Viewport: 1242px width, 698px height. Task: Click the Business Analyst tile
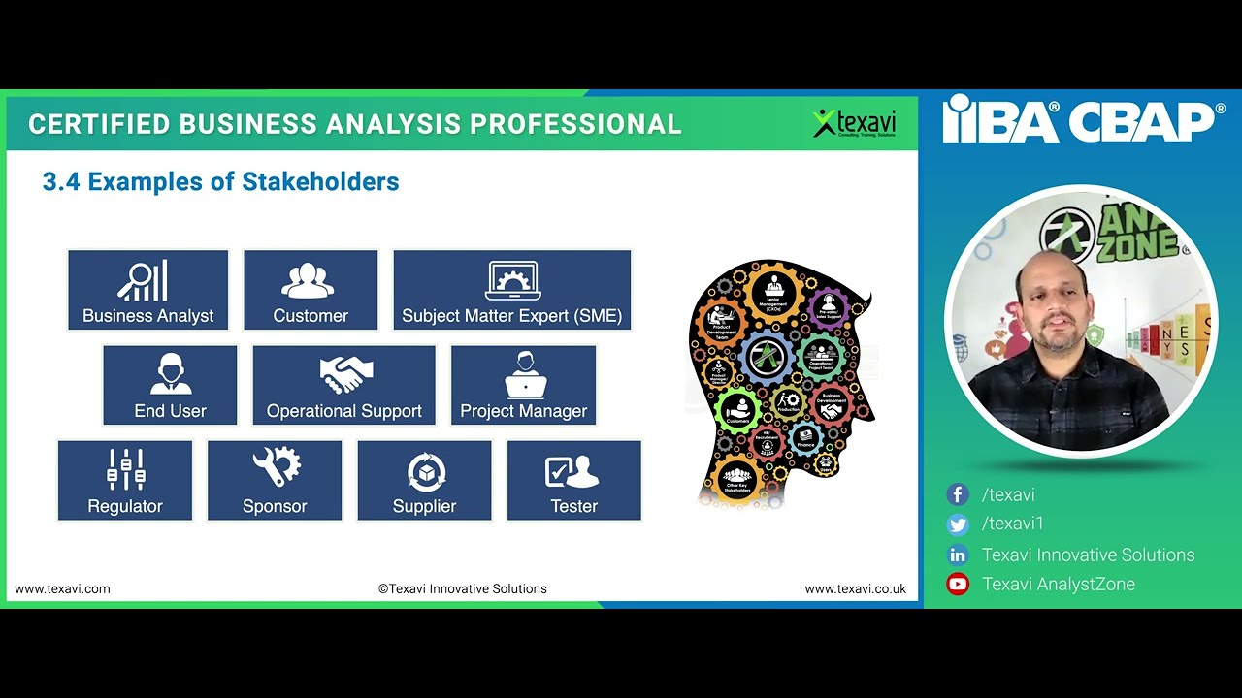coord(147,290)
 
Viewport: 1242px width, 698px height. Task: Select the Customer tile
coord(310,290)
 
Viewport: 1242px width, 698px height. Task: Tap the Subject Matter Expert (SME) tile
coord(512,290)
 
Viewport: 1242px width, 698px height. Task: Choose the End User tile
coord(170,385)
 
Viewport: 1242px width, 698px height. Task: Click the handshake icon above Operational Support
coord(345,373)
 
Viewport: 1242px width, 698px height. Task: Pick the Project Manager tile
coord(523,385)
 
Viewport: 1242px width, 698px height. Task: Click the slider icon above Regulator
coord(125,468)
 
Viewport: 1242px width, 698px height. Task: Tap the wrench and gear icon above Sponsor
coord(276,467)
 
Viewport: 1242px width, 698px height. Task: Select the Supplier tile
coord(424,480)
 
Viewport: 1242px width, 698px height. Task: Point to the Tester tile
coord(573,480)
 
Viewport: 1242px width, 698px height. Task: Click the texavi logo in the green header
coord(855,123)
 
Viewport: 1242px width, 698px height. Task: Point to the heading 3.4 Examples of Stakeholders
coord(221,182)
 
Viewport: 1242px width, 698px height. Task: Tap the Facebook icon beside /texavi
coord(958,494)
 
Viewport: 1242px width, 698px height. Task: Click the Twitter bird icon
coord(958,524)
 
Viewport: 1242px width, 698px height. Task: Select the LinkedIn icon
coord(958,555)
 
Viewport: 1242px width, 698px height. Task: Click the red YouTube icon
coord(958,585)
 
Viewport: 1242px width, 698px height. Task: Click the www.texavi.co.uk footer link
coord(855,588)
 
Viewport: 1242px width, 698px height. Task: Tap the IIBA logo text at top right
coord(999,120)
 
